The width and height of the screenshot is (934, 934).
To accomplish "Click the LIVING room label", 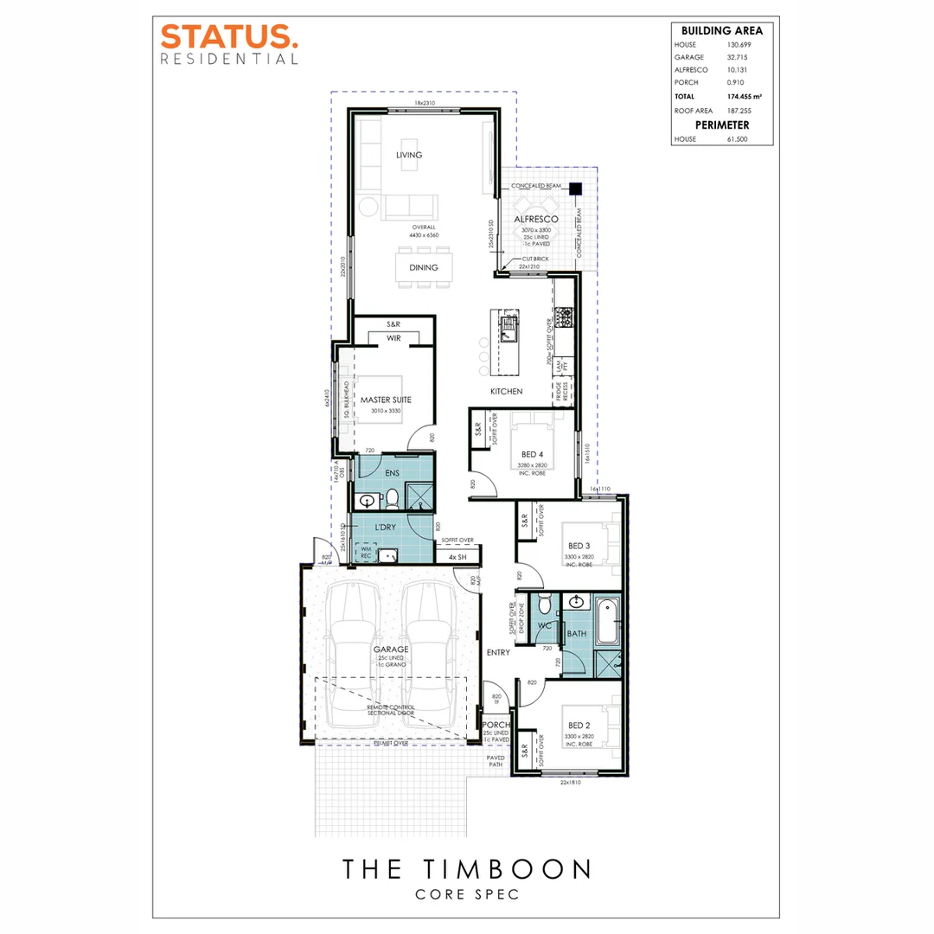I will click(408, 156).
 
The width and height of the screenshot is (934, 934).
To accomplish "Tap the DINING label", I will click(424, 267).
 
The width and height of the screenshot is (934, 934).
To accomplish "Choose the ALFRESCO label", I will click(535, 220).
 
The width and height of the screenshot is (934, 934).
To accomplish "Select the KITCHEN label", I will click(507, 392).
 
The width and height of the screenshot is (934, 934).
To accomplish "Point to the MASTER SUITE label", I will click(385, 400).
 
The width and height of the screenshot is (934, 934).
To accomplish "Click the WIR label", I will click(394, 338).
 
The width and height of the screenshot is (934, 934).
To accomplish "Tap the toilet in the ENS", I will click(392, 497).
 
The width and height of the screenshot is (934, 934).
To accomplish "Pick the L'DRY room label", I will click(386, 528).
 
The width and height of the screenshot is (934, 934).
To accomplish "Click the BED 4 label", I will click(533, 453).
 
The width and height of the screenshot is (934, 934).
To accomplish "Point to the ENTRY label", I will click(498, 652).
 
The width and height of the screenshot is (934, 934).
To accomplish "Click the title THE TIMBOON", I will click(466, 868).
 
